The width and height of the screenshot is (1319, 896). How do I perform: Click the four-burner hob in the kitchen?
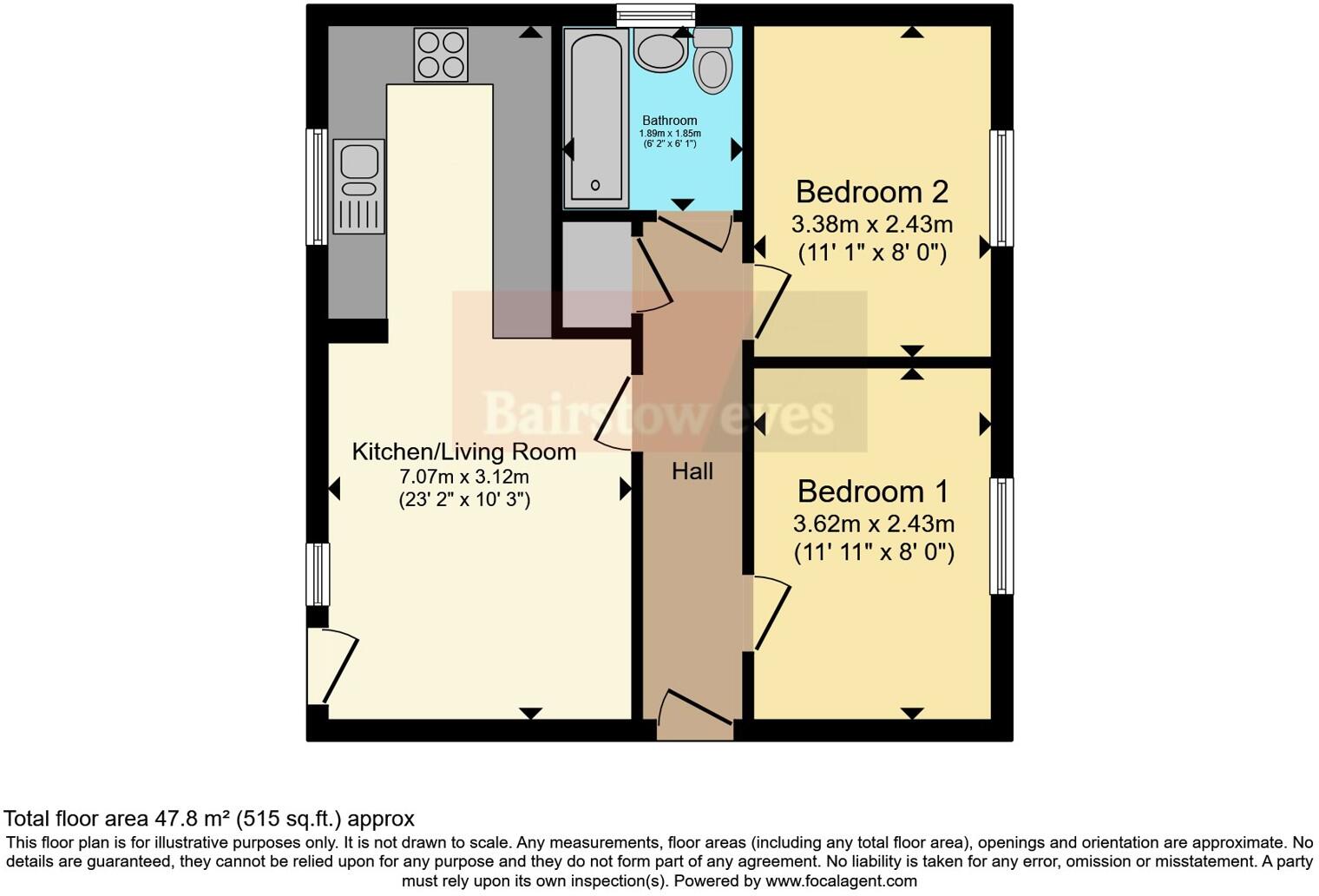[441, 55]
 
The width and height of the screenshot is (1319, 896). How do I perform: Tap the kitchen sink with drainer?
[358, 186]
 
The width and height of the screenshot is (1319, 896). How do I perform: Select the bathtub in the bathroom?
[595, 117]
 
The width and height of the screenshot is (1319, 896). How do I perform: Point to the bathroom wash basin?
[660, 49]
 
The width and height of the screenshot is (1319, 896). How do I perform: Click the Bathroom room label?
[669, 121]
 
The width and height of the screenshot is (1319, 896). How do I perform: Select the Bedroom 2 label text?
[871, 191]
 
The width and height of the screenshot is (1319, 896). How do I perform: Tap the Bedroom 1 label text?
[872, 491]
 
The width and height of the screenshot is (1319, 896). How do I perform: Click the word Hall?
[692, 471]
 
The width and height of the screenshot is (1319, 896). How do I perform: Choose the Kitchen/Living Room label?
[463, 451]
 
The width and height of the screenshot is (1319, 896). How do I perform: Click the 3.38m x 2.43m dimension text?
[871, 225]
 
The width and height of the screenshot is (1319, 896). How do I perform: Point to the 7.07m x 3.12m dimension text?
[463, 477]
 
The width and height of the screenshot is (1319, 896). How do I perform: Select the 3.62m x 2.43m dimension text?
[873, 524]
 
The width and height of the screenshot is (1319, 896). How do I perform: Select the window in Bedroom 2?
[1001, 188]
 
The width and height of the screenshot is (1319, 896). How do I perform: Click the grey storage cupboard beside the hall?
[596, 274]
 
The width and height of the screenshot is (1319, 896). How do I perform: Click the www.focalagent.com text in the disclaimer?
[839, 881]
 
